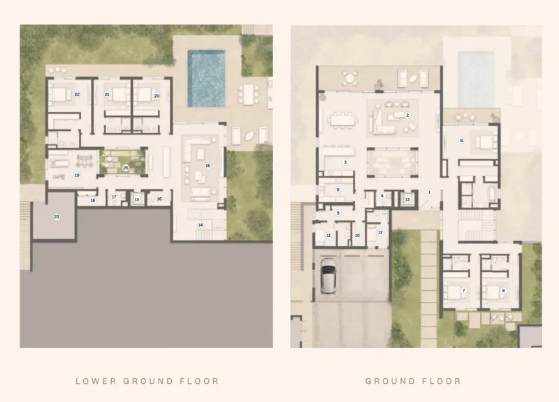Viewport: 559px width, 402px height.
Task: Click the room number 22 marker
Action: [x=77, y=94]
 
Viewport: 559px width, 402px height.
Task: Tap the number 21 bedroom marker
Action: [x=107, y=94]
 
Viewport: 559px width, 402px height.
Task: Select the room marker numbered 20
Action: [x=157, y=95]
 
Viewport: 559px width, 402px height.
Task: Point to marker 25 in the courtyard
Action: [x=126, y=168]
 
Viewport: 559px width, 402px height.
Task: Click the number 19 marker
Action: [x=77, y=175]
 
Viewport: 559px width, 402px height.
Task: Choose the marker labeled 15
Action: [x=208, y=165]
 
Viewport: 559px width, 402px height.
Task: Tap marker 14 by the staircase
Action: [x=201, y=224]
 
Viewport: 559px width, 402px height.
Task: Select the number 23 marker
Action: [x=57, y=217]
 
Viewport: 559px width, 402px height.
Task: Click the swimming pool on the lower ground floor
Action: [x=207, y=77]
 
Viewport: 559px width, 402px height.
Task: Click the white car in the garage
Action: [x=328, y=277]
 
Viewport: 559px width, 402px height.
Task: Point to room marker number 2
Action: [x=407, y=115]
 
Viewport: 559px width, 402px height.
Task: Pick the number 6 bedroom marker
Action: [x=461, y=141]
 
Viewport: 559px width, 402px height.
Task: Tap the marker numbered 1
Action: [x=430, y=191]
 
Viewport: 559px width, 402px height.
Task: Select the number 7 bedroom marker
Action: [x=463, y=290]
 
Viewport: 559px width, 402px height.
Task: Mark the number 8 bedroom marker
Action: [x=503, y=290]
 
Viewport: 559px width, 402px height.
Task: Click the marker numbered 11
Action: [x=328, y=236]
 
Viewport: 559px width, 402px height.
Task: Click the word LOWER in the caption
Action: [x=94, y=381]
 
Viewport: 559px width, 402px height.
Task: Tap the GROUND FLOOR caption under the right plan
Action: [x=413, y=381]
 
